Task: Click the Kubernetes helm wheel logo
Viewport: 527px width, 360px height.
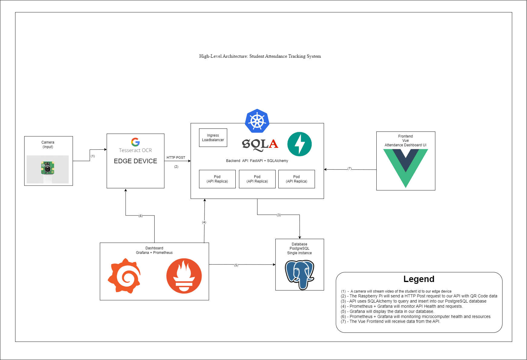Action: (x=257, y=121)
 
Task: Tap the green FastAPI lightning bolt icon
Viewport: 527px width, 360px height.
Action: (x=299, y=144)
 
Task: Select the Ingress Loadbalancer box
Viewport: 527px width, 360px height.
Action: (x=213, y=138)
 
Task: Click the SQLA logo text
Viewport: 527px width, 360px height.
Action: (x=260, y=144)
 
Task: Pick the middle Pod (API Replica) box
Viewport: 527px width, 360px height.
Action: (x=257, y=179)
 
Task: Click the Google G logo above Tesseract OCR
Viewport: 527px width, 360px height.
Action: (x=135, y=142)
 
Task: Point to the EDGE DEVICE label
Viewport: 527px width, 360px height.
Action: (x=135, y=161)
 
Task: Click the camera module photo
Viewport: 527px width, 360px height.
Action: (x=47, y=169)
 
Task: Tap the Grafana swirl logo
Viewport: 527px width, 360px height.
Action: (x=124, y=276)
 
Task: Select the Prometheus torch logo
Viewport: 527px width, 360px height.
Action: (x=184, y=276)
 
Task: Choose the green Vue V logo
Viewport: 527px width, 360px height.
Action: (x=405, y=168)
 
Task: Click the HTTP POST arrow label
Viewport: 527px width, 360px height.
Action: (x=176, y=157)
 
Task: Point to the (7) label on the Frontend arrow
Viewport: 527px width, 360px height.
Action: (x=349, y=169)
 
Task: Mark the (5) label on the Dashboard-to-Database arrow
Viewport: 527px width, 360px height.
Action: (x=236, y=265)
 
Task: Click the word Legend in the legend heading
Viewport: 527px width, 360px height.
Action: (x=419, y=279)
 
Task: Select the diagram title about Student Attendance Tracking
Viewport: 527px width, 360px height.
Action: (x=260, y=56)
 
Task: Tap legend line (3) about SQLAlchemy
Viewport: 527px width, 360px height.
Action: (x=414, y=301)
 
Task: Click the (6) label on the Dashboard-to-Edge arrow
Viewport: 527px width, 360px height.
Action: (x=140, y=216)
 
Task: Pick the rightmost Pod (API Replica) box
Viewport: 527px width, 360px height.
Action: (x=296, y=179)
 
